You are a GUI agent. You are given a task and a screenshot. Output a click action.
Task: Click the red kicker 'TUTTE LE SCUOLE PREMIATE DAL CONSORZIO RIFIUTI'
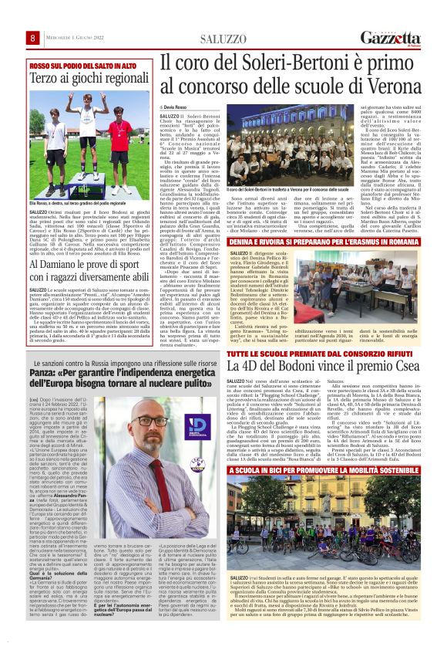point(307,351)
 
